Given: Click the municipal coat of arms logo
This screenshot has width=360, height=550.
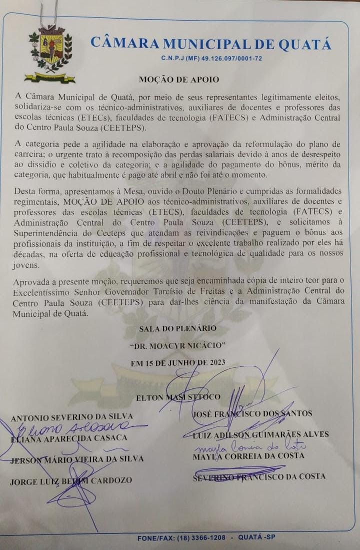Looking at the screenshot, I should coord(50,53).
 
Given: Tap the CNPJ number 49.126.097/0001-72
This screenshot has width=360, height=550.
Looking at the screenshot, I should coord(231,59).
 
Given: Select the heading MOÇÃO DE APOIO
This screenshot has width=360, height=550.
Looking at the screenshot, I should coord(178,80).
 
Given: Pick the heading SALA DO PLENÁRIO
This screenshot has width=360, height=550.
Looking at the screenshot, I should coord(178,328).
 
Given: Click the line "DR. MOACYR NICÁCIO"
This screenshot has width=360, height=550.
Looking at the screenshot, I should coord(178,345).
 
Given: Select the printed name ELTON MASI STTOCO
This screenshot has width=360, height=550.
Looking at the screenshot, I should coord(178,397).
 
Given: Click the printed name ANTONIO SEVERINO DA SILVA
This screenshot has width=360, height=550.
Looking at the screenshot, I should coord(71,417).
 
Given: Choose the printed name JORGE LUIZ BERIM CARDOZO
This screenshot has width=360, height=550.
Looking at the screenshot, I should coord(71,480).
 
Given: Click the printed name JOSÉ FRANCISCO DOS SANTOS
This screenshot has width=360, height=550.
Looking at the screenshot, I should coord(252,413).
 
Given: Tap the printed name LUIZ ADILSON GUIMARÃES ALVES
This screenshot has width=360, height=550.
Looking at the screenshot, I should coord(260,434).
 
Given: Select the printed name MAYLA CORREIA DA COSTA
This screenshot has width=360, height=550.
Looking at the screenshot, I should coord(248,456).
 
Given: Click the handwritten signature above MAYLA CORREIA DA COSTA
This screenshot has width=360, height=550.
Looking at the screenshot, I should coord(250,445).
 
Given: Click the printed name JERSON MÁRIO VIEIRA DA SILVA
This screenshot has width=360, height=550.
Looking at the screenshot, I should coord(77,459).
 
